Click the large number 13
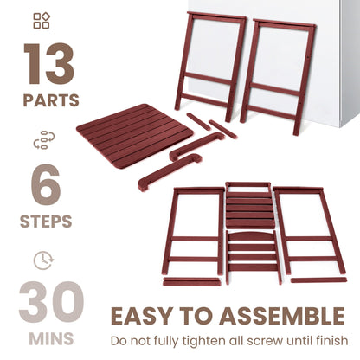tap(49, 65)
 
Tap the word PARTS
tap(49, 101)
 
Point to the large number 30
tap(49, 303)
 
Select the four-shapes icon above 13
tap(41, 20)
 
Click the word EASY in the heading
tap(141, 315)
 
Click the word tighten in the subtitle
tap(208, 340)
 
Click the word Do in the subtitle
tap(119, 340)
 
